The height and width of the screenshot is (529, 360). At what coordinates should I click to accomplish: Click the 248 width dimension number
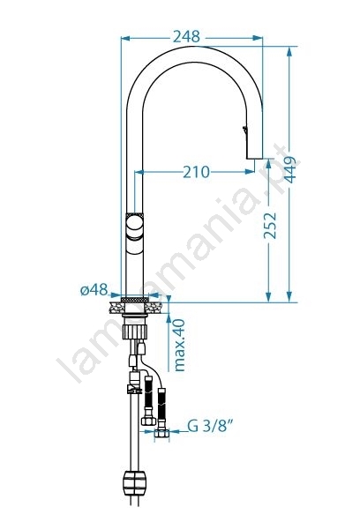coord(186,36)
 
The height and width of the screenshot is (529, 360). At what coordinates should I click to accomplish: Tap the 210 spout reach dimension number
coord(196,172)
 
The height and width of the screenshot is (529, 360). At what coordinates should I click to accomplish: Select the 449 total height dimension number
coord(289,169)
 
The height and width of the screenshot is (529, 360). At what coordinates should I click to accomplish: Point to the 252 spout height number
coord(270,226)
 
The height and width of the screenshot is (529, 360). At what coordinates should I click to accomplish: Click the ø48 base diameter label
coord(94,289)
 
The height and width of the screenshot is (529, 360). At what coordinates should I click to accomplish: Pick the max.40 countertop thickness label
coord(179,345)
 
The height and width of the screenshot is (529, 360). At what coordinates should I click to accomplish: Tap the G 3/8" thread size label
coord(211,426)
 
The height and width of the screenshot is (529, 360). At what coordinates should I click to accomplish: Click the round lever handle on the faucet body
coord(134,226)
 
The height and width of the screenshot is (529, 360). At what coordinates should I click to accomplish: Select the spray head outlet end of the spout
coord(255,156)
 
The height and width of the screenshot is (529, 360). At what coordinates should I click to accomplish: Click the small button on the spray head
coord(245,130)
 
